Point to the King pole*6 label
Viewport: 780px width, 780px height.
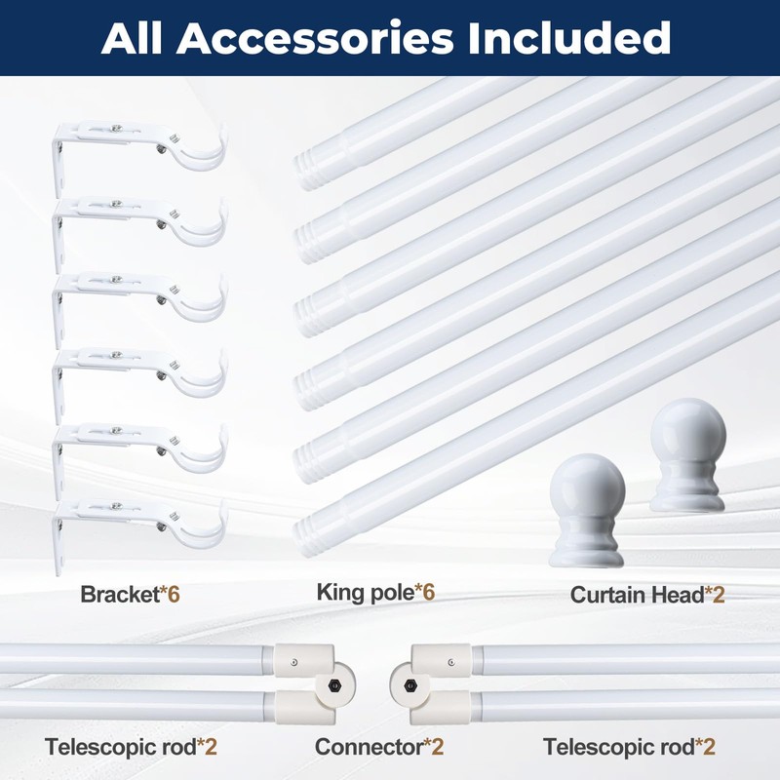(375, 592)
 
